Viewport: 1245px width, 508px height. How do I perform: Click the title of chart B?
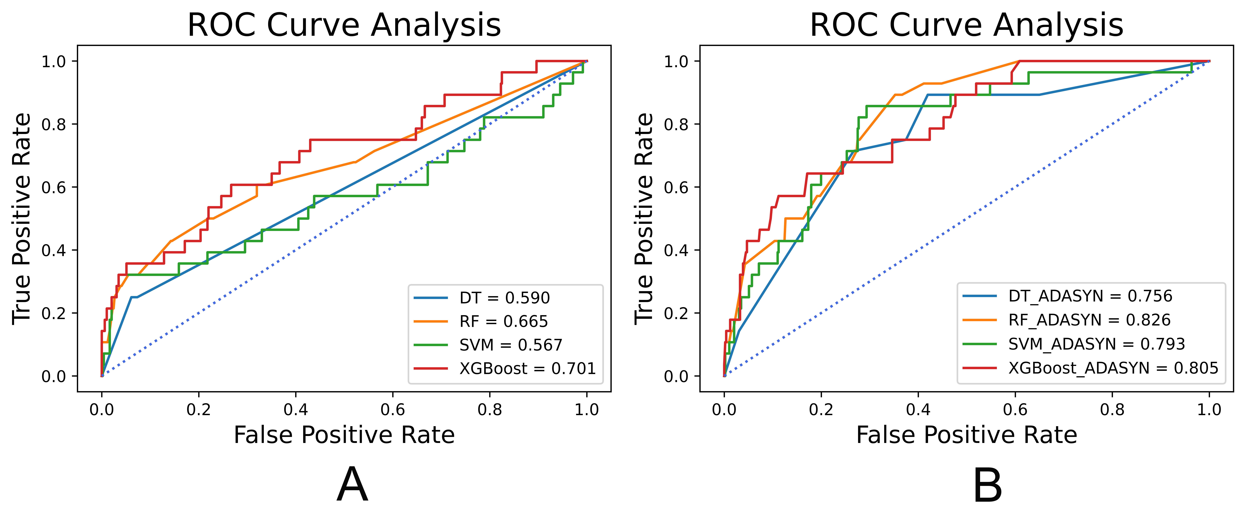pos(966,25)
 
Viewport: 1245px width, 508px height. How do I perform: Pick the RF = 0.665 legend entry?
pos(503,321)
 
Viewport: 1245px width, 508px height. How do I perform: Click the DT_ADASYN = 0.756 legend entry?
pos(1090,296)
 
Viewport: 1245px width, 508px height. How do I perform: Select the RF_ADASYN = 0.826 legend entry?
pos(1089,320)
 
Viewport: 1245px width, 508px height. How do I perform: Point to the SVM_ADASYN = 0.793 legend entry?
pos(1096,344)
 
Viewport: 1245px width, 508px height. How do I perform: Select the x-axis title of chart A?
pos(344,435)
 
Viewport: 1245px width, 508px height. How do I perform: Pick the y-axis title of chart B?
pos(644,219)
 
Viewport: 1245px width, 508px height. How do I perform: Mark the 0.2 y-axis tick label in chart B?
pos(676,313)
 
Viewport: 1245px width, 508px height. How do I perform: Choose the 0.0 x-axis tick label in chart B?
pos(724,410)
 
